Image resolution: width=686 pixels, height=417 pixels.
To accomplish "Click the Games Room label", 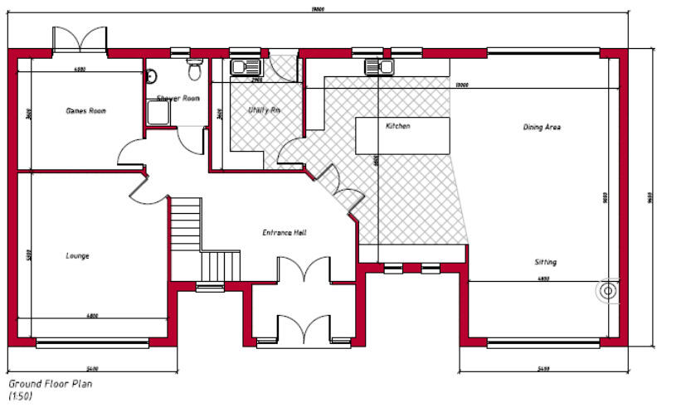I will click(85, 110).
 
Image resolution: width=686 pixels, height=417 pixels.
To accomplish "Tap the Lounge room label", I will click(77, 255).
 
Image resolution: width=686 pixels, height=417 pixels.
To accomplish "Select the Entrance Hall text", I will click(285, 233).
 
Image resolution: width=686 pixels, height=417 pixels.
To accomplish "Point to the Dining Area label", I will click(542, 127).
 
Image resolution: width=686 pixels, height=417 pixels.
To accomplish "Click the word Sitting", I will click(545, 262).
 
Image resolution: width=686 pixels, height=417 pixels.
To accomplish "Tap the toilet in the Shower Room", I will click(195, 70).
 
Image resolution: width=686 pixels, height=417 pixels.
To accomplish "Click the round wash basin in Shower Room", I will click(151, 77).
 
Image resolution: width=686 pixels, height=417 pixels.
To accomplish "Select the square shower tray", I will click(158, 112).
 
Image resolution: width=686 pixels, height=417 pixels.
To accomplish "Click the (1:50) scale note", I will click(21, 397).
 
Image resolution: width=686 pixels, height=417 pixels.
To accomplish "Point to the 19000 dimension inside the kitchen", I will click(462, 85).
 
